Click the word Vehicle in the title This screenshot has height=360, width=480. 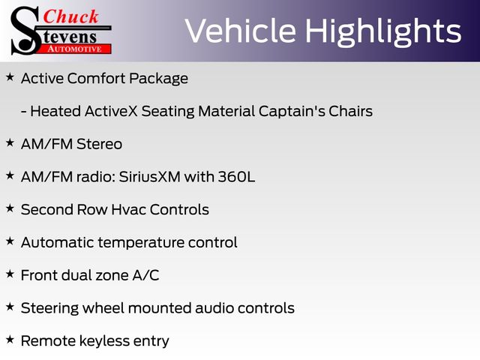(x=241, y=31)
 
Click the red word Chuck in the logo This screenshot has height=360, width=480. (x=70, y=16)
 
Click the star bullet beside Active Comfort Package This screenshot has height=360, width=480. (x=10, y=77)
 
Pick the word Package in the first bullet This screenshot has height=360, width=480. (x=158, y=79)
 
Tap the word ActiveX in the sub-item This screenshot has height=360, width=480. (x=111, y=111)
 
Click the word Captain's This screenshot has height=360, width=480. (x=292, y=111)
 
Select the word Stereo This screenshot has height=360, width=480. (x=99, y=144)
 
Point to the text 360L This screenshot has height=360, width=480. (x=236, y=177)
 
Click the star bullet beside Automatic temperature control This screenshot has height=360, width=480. (x=10, y=241)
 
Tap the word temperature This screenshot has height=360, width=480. (x=141, y=243)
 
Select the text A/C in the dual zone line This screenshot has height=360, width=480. (x=145, y=275)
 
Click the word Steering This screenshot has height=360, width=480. (x=49, y=308)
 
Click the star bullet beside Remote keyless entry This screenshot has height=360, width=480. (x=10, y=340)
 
